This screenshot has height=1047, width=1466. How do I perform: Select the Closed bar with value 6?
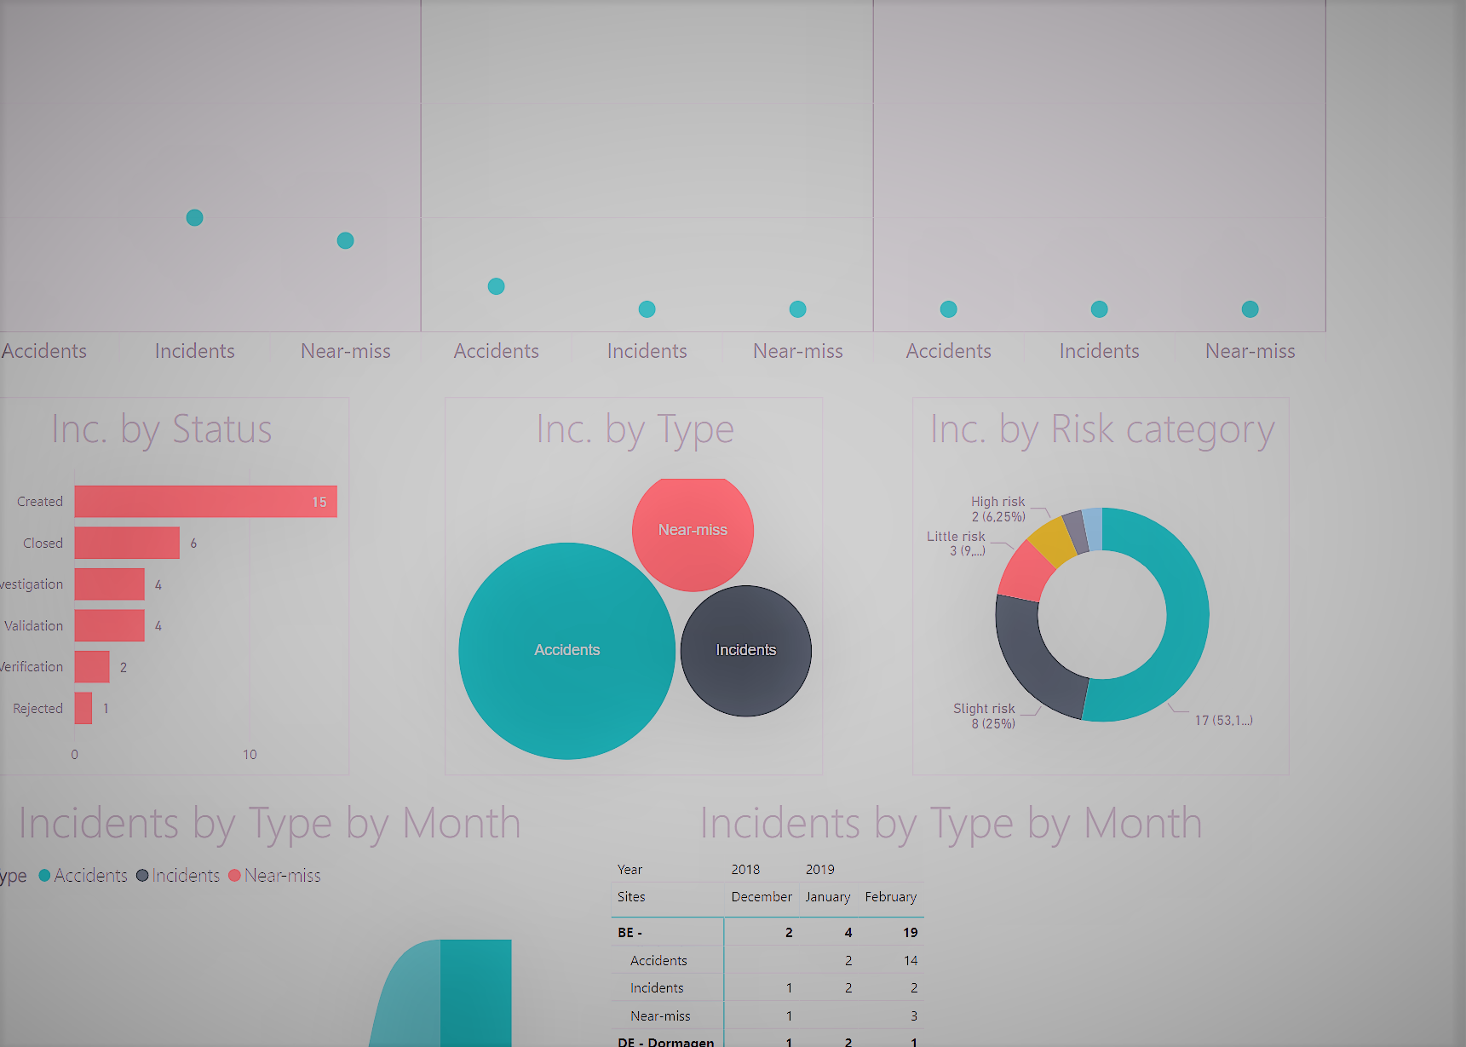[127, 543]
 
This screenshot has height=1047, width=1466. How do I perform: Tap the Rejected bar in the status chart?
[83, 708]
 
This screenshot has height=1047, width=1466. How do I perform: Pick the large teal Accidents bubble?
[566, 651]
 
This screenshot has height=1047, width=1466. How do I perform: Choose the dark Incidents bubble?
[745, 651]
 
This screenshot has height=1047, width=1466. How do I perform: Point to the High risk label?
[997, 502]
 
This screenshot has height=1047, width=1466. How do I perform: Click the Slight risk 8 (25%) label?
[985, 716]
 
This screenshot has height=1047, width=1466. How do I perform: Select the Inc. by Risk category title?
[1101, 429]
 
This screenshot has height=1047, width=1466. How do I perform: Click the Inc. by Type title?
[635, 429]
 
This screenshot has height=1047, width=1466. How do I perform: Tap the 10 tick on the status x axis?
[250, 755]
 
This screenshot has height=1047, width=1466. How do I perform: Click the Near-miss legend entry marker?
[235, 876]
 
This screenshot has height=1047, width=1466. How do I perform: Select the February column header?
[890, 897]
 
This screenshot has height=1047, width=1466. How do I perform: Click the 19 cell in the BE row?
[910, 933]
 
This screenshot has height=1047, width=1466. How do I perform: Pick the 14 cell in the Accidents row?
[910, 961]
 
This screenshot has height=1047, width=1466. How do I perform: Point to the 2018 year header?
[745, 870]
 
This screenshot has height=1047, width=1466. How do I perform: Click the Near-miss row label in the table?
[660, 1016]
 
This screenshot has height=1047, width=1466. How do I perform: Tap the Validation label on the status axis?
[34, 626]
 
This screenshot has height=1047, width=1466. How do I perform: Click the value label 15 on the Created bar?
[319, 503]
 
